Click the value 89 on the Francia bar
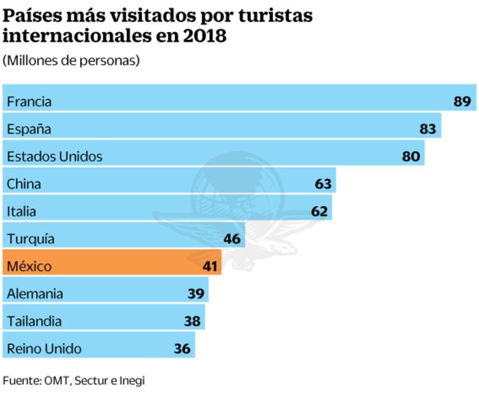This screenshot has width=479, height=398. [462, 101]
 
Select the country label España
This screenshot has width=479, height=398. [29, 129]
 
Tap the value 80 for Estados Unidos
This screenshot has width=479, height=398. [411, 156]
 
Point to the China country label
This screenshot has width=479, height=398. [24, 184]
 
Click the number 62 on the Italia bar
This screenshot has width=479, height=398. [318, 211]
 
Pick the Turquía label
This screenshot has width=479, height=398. [31, 239]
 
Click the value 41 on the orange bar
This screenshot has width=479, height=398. [210, 266]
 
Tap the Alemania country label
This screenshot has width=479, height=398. [35, 293]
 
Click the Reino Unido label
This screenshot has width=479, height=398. [44, 349]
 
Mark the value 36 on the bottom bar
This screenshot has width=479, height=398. [182, 349]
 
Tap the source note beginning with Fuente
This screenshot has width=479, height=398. [74, 381]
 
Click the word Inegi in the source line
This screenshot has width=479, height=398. [132, 381]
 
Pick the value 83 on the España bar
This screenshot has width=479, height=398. [428, 129]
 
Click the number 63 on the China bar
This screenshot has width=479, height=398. [323, 184]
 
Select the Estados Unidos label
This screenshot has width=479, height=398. [55, 156]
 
